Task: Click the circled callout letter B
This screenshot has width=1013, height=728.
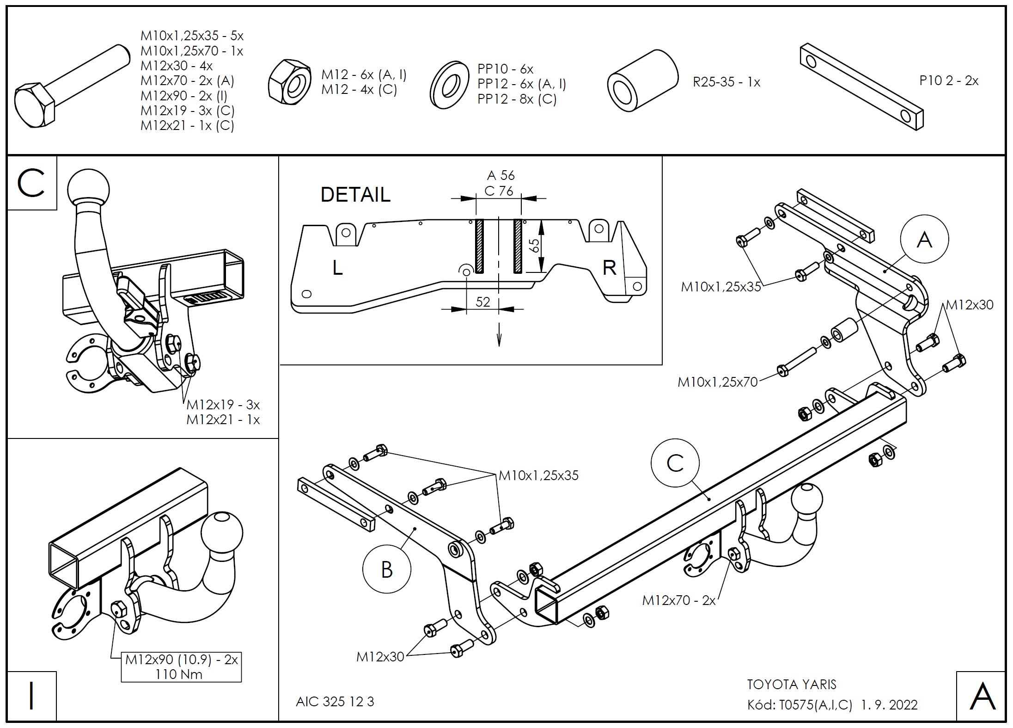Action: point(386,569)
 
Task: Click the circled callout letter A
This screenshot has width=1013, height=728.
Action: point(924,239)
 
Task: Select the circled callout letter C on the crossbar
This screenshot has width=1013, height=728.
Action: point(675,463)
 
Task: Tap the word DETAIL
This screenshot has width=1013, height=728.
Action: point(355,195)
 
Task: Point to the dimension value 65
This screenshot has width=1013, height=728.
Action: point(534,245)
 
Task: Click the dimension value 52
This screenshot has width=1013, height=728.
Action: point(482,302)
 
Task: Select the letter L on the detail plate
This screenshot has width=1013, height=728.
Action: point(338,268)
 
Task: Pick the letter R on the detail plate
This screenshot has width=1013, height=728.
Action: point(609,268)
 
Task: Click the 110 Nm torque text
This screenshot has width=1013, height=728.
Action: point(179,674)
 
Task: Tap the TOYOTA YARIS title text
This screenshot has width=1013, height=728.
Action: point(792,684)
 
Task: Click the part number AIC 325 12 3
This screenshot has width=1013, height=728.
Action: point(335,702)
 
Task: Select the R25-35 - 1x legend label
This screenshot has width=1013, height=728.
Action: point(726,82)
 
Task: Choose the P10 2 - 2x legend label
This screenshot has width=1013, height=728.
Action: point(949,80)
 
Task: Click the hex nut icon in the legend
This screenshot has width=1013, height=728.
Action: point(289,82)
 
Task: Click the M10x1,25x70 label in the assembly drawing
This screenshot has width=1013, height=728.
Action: point(718,382)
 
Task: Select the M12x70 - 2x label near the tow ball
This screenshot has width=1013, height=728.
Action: point(678,600)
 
